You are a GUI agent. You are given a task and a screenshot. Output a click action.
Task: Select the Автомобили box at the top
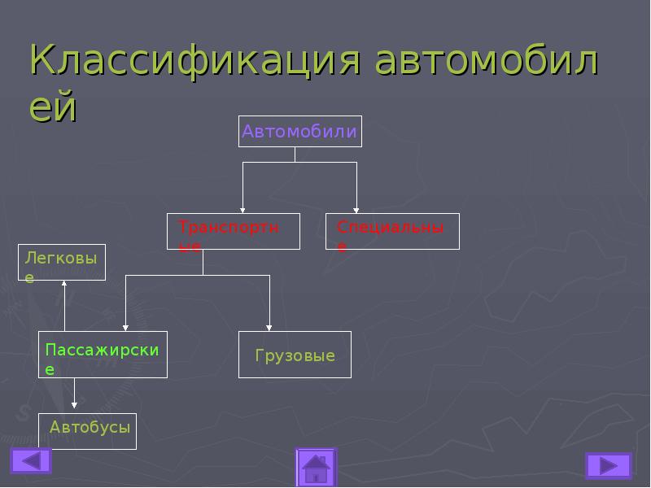coord(299,132)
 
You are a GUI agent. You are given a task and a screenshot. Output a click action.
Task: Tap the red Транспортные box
coord(233,231)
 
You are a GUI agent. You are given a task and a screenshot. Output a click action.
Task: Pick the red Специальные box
coord(392,231)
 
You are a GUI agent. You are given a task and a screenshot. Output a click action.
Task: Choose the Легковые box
coord(62,262)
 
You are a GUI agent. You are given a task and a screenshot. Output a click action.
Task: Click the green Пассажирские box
coord(103,355)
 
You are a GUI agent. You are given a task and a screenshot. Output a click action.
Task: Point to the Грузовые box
coord(295,355)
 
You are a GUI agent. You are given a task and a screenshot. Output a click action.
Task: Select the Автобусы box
coord(87,431)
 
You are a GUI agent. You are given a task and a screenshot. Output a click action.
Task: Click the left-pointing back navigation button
coord(31,461)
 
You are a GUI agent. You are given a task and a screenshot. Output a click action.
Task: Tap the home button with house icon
coord(316,468)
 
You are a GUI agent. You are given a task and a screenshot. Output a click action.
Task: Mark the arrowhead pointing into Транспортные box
coord(242,209)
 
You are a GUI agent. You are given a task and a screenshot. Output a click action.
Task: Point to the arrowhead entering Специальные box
coord(356,209)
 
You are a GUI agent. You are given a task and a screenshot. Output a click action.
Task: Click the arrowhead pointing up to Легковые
coord(64,284)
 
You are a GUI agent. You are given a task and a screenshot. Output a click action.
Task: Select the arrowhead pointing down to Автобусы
coord(74,403)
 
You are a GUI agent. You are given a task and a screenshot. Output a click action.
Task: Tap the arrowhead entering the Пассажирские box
coord(125,326)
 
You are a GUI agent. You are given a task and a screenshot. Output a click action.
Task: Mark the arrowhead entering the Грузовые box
coord(269,326)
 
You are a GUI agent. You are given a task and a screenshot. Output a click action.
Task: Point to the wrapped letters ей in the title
coord(53,107)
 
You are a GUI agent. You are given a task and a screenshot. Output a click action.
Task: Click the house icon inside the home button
coord(316,469)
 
